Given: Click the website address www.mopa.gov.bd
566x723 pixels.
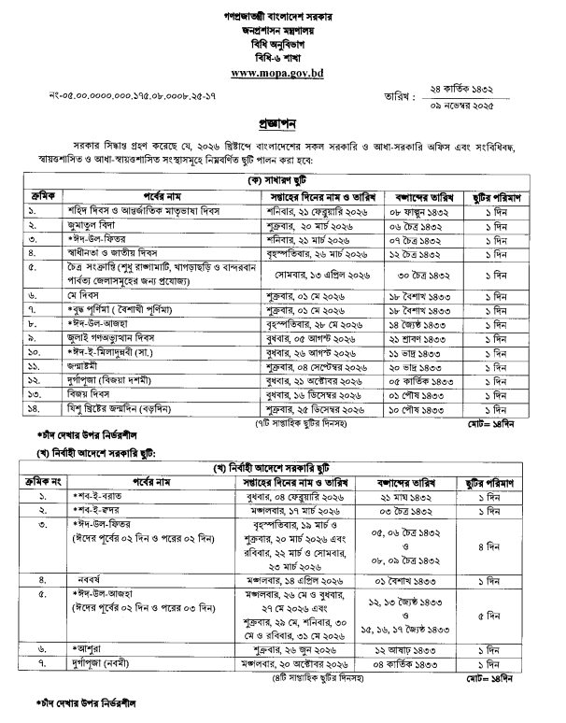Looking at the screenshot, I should point(282,72).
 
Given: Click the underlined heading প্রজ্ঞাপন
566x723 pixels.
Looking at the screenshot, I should point(282,123).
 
